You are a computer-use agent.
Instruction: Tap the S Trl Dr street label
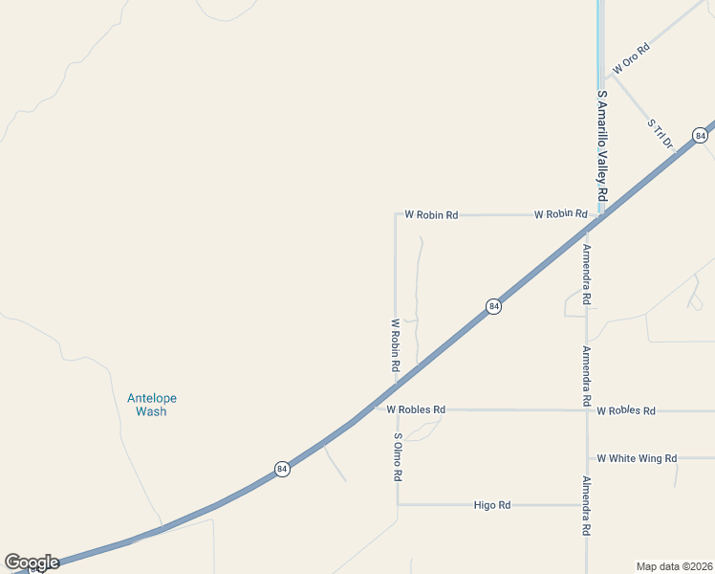[x=661, y=134]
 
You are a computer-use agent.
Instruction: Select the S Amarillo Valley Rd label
[x=601, y=144]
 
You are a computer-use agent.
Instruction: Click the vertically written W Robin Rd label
[x=394, y=345]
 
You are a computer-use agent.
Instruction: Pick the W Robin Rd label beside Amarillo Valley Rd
[x=560, y=214]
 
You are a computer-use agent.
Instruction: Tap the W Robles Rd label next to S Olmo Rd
[x=416, y=409]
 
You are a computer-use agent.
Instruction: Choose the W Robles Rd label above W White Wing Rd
[x=626, y=410]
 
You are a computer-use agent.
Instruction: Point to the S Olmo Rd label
[x=398, y=456]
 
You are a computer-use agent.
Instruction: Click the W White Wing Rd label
[x=637, y=458]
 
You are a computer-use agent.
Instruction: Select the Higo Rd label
[x=492, y=504]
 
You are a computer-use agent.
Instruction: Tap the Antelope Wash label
[x=151, y=405]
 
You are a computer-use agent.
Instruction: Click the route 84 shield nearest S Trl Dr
[x=701, y=136]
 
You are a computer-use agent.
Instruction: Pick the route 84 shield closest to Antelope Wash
[x=281, y=469]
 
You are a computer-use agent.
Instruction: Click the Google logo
[x=32, y=563]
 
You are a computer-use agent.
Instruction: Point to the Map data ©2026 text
[x=674, y=565]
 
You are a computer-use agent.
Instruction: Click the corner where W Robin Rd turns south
[x=396, y=214]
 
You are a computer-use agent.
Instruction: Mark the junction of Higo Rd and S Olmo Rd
[x=398, y=504]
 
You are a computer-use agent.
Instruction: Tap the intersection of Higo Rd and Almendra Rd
[x=587, y=504]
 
